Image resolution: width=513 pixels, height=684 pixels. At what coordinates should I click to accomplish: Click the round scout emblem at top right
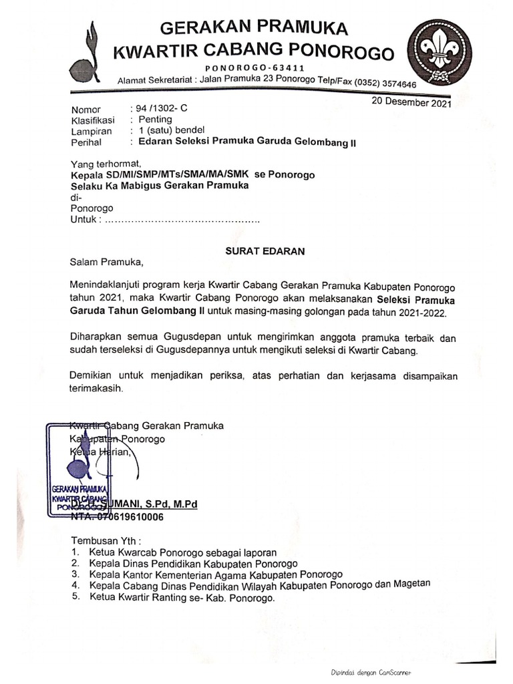tap(439, 51)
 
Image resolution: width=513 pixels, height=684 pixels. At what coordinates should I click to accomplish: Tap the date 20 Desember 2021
tap(411, 103)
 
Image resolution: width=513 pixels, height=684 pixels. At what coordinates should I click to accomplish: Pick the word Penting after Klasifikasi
tap(155, 120)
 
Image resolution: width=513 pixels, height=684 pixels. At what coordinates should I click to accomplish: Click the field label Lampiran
tap(90, 131)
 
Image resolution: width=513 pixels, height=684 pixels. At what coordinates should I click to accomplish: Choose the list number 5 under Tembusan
tap(75, 596)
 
